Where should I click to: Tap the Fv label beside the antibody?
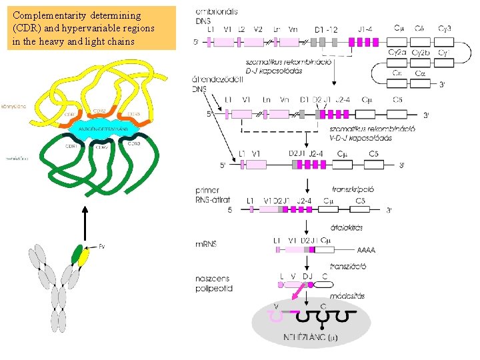tap(101, 247)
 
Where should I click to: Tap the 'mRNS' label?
tap(207, 243)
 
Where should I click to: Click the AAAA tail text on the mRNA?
tap(366, 251)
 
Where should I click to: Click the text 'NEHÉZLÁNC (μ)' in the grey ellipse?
tap(311, 337)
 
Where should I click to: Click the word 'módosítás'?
tap(347, 295)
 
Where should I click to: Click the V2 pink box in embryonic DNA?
tap(259, 41)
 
